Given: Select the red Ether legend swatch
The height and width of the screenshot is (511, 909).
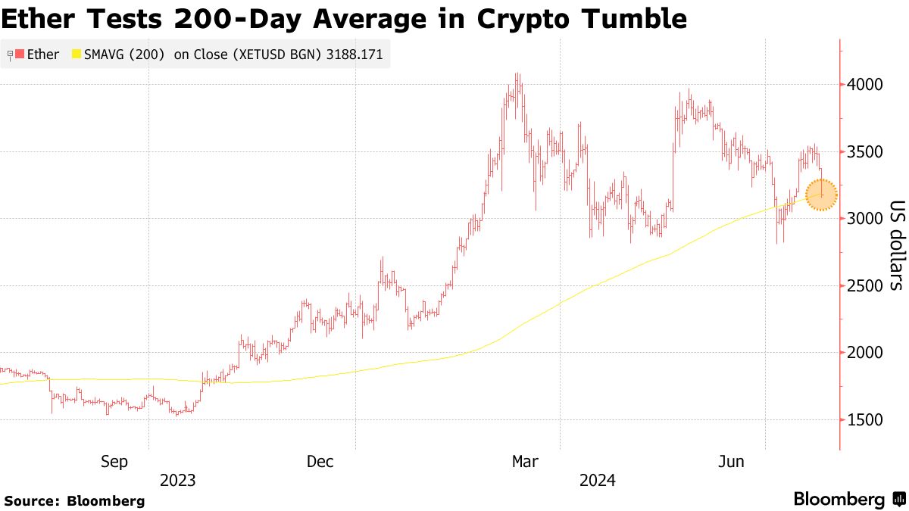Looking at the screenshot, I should [x=19, y=55].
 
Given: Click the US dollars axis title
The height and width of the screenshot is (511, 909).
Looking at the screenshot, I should [x=895, y=245].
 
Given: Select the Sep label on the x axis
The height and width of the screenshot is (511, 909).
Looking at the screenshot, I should [x=115, y=461].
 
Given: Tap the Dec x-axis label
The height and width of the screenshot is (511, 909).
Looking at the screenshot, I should [x=320, y=461].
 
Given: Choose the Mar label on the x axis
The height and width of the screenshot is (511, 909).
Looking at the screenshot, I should [x=526, y=461].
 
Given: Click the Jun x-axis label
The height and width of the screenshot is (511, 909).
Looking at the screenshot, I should [x=731, y=461].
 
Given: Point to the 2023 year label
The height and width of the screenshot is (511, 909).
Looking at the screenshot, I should [x=177, y=481].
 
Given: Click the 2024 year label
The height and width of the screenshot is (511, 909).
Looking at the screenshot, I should [x=598, y=481].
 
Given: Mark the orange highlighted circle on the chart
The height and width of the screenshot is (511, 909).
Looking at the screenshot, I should [x=821, y=195].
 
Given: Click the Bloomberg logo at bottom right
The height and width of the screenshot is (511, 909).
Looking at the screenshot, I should [x=848, y=500].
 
